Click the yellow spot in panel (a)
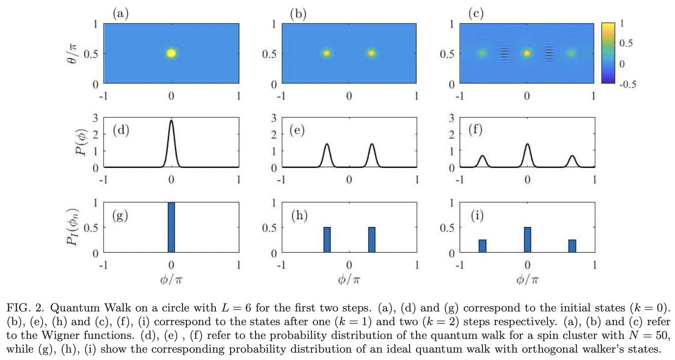pos(171,53)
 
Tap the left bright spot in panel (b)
pos(327,53)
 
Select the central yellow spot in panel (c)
pos(527,53)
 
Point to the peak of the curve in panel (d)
pos(171,121)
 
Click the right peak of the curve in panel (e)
pos(372,144)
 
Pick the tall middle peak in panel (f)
pos(527,144)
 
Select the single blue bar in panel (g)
pos(171,228)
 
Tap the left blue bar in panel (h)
pos(327,240)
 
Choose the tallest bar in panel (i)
pos(527,240)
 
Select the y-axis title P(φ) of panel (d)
pos(81,142)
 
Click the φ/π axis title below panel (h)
pos(349,280)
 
